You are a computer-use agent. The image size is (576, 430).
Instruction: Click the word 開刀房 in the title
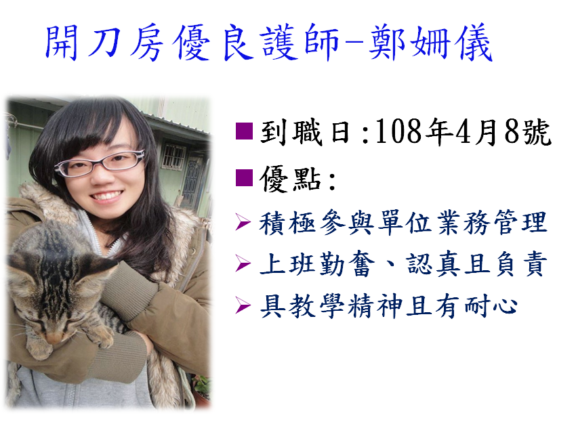[x=104, y=43]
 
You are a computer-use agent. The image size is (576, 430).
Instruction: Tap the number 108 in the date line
[x=398, y=131]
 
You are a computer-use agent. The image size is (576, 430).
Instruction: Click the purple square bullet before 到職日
[x=244, y=131]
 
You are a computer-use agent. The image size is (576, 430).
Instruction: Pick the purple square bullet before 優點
[x=244, y=177]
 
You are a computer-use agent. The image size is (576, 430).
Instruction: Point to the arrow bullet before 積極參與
[x=243, y=223]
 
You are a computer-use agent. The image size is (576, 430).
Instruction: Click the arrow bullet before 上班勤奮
[x=243, y=263]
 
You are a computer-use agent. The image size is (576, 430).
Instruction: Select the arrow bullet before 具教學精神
[x=243, y=305]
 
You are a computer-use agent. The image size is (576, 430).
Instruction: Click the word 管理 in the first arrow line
[x=520, y=222]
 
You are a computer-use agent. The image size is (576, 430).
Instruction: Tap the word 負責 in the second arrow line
[x=522, y=263]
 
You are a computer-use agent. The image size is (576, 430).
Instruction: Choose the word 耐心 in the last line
[x=491, y=305]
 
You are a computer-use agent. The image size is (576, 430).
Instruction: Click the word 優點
[x=290, y=179]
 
